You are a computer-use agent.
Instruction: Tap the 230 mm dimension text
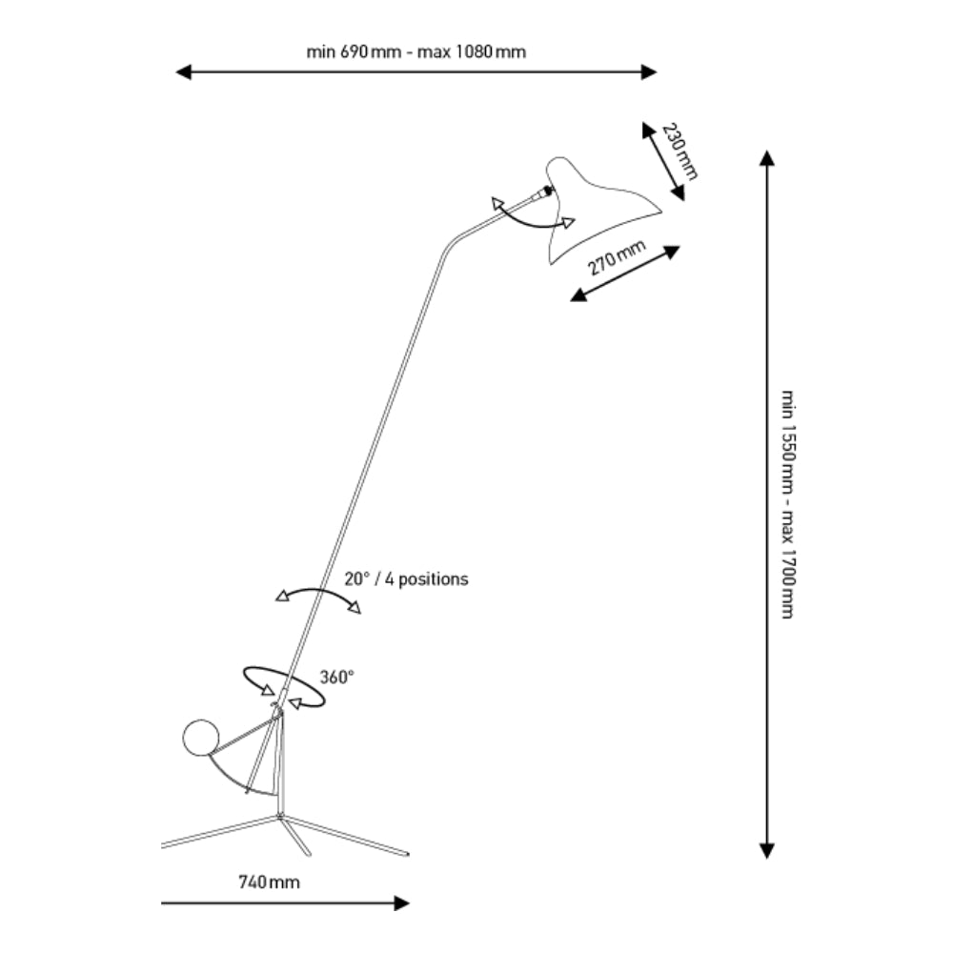(x=680, y=152)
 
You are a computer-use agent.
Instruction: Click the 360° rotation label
(x=336, y=678)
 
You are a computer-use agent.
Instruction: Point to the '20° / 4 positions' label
(x=406, y=578)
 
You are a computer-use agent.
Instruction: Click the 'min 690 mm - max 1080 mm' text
(x=416, y=51)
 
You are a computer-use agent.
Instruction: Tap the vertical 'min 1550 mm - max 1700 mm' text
(x=787, y=503)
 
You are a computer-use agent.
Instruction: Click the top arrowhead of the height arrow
(x=766, y=158)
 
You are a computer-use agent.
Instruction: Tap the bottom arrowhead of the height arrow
(x=766, y=850)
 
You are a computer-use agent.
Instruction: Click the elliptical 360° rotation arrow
(x=283, y=686)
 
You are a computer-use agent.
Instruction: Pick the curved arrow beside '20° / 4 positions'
(x=318, y=596)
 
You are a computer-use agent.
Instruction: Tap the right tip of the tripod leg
(x=407, y=853)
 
